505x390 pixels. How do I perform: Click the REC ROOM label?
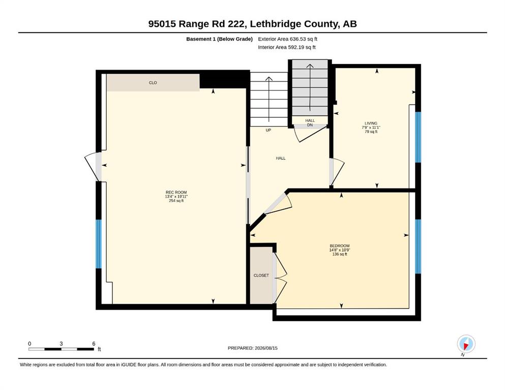(x=176, y=192)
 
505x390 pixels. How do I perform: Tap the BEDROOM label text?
(x=339, y=246)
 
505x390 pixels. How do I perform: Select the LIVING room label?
(x=371, y=123)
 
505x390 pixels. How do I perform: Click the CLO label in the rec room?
(x=153, y=83)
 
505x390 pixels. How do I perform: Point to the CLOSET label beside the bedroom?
(x=261, y=276)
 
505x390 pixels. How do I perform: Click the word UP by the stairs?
(x=269, y=130)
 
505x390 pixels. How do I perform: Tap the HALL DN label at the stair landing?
(x=310, y=123)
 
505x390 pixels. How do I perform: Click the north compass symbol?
(x=466, y=344)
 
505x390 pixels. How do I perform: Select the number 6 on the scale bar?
(x=94, y=344)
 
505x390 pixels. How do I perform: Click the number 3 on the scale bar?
(x=61, y=344)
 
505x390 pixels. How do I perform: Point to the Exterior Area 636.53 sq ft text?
(x=288, y=39)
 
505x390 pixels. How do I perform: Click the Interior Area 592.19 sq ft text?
(x=287, y=47)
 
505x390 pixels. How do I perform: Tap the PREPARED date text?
(x=252, y=348)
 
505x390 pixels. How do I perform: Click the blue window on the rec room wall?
(x=99, y=244)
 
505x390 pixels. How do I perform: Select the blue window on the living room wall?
(x=418, y=137)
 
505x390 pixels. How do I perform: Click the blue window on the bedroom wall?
(x=418, y=246)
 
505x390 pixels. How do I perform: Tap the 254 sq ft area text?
(x=176, y=201)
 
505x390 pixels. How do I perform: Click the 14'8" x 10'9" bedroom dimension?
(x=339, y=250)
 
